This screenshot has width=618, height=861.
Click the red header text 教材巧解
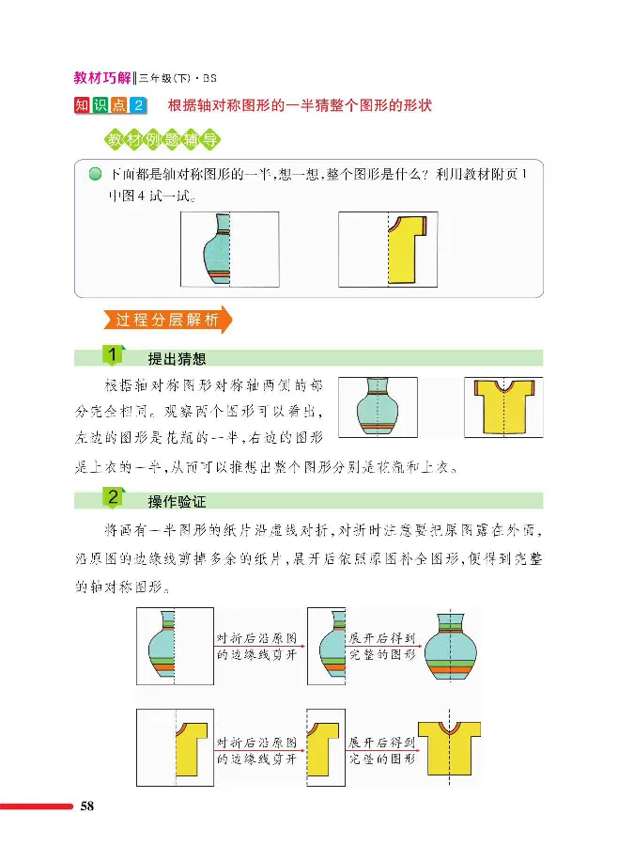coord(102,78)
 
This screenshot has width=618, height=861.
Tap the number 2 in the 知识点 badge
coord(140,105)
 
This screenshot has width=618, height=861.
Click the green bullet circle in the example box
coord(94,175)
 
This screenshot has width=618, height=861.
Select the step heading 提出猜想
coord(178,358)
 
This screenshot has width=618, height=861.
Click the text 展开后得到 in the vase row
coord(381,636)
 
